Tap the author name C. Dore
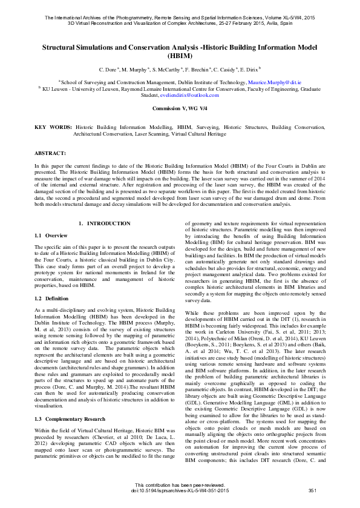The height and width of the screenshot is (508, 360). coord(110,70)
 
